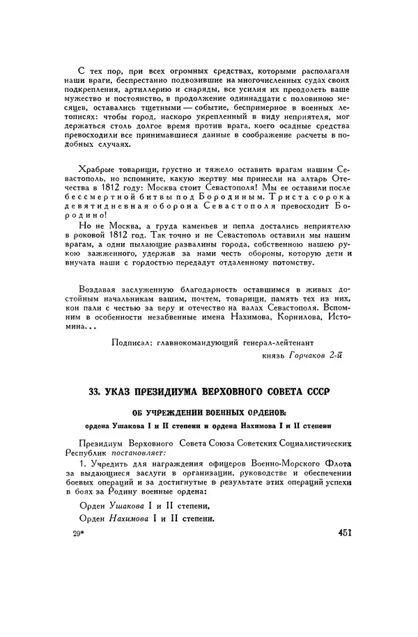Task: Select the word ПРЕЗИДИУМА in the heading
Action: tap(188, 393)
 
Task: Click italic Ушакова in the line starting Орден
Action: tap(135, 505)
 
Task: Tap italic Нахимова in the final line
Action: tap(138, 519)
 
